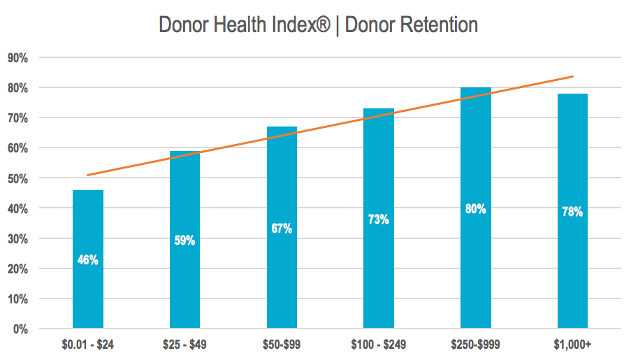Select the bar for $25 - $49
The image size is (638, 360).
click(x=184, y=280)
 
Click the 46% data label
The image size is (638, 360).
click(x=88, y=260)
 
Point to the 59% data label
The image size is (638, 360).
click(x=184, y=240)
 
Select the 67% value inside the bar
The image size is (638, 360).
click(x=282, y=229)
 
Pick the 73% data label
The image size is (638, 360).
click(x=378, y=219)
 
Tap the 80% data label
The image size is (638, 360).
click(x=475, y=208)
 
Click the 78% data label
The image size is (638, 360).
click(x=572, y=212)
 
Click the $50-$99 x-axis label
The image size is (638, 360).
click(x=282, y=344)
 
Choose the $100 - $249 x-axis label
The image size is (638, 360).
click(x=378, y=344)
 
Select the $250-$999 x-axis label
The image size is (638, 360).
click(x=475, y=344)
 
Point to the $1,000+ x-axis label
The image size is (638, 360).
click(x=572, y=344)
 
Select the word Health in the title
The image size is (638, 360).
click(x=238, y=25)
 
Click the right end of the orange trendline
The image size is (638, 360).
click(x=572, y=76)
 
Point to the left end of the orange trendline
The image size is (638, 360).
click(x=89, y=175)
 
